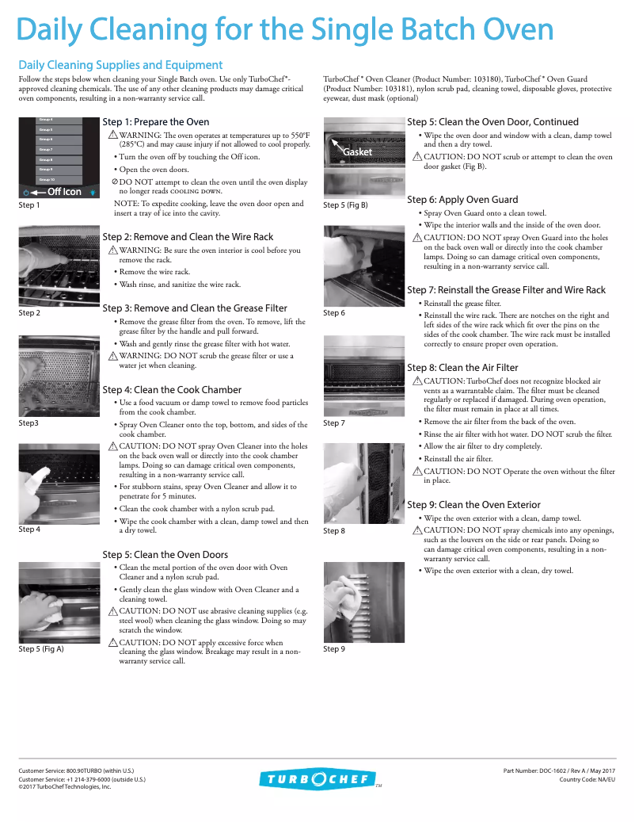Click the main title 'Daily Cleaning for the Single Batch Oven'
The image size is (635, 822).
click(x=285, y=30)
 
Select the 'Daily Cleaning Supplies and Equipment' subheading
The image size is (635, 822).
click(x=120, y=65)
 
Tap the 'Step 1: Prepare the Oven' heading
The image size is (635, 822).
click(x=156, y=122)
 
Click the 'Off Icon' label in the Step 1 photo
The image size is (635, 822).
click(x=63, y=192)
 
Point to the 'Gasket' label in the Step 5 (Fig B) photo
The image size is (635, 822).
click(x=357, y=152)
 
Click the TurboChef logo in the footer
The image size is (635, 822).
click(x=317, y=779)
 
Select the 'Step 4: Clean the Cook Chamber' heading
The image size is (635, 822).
click(x=172, y=390)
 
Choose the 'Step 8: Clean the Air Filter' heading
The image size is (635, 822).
click(x=462, y=368)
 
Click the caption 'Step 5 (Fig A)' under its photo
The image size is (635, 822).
click(x=41, y=649)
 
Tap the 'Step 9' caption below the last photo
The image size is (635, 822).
click(x=334, y=649)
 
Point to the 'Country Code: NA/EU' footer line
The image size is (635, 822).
click(x=587, y=779)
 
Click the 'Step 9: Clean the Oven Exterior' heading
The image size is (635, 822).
click(x=473, y=505)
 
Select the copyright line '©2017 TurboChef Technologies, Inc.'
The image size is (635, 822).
click(x=65, y=787)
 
